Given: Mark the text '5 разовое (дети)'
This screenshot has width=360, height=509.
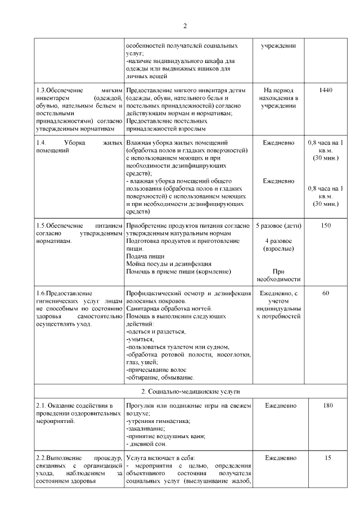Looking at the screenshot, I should coord(278,226).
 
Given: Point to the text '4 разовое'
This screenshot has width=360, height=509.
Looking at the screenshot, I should coord(278,241).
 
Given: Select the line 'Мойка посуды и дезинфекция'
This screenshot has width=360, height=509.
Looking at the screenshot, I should coord(169,264).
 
